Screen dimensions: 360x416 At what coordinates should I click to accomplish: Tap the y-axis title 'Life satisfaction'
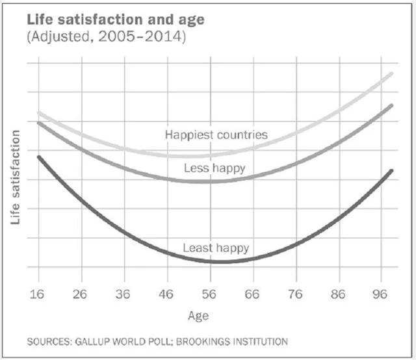point(15,176)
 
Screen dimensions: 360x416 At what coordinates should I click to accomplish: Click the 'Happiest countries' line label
point(216,135)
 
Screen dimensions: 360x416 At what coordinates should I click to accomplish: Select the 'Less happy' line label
point(214,168)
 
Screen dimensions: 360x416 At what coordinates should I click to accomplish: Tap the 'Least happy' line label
point(216,248)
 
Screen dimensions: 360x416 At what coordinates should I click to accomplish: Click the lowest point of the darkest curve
point(221,261)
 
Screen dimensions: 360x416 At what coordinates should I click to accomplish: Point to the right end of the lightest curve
point(392,74)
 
